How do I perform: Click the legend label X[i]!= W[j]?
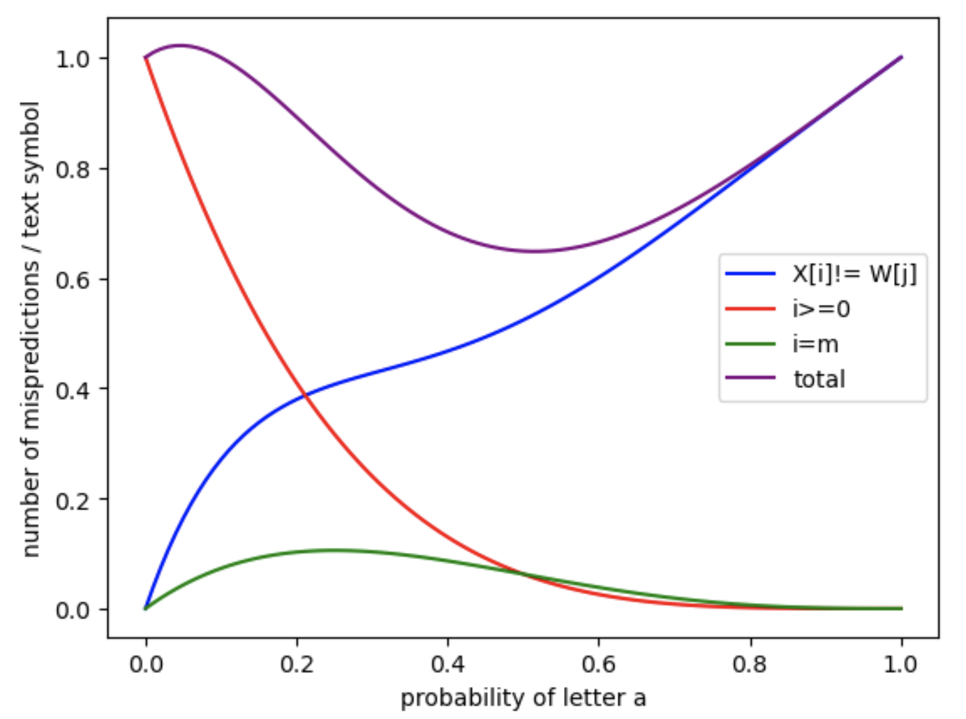[854, 274]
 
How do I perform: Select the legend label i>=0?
[822, 309]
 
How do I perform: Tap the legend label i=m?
[816, 344]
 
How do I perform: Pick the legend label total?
[819, 379]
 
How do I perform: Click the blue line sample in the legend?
[750, 274]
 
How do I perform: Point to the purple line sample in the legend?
[750, 378]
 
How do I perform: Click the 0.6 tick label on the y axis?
[73, 279]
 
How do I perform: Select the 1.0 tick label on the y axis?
[73, 59]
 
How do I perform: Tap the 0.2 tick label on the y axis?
[73, 500]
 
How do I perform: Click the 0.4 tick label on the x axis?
[447, 664]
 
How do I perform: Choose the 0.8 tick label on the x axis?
[750, 664]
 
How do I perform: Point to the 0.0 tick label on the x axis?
[146, 664]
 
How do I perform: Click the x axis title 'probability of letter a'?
[523, 698]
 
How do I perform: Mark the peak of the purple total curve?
[181, 46]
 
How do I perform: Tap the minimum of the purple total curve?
[535, 251]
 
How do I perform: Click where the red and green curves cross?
[524, 575]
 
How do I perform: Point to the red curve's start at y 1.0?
[146, 57]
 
